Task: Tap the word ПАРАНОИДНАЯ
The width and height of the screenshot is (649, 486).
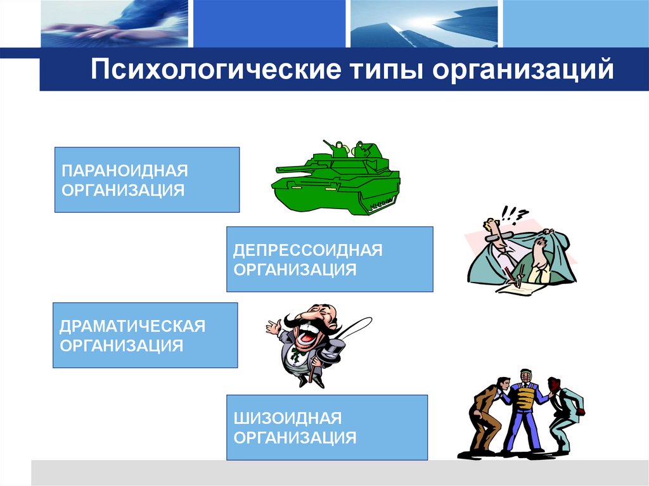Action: pos(125,172)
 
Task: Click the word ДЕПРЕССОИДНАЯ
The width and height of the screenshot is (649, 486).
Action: pos(307,250)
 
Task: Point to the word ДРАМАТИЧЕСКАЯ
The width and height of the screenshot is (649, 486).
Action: pos(132,327)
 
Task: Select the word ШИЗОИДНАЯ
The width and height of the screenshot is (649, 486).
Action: pos(288,418)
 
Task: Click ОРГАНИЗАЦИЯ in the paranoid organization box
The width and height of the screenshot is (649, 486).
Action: pos(123,190)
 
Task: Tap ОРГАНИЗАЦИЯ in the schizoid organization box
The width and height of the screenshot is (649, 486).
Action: pos(295,437)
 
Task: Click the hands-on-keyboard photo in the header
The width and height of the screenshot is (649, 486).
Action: pos(114,23)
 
